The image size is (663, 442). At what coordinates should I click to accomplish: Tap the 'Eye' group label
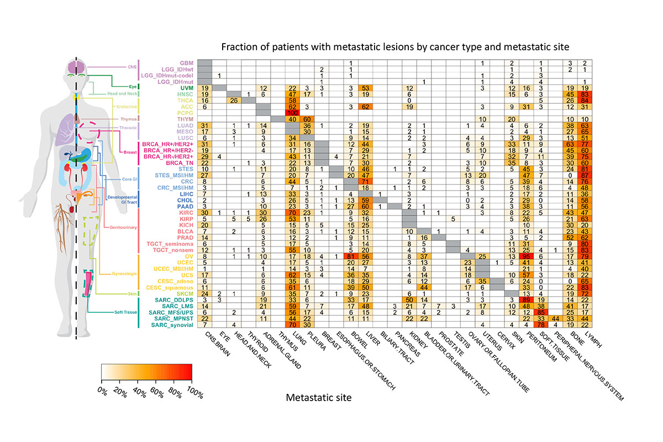[133, 87]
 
